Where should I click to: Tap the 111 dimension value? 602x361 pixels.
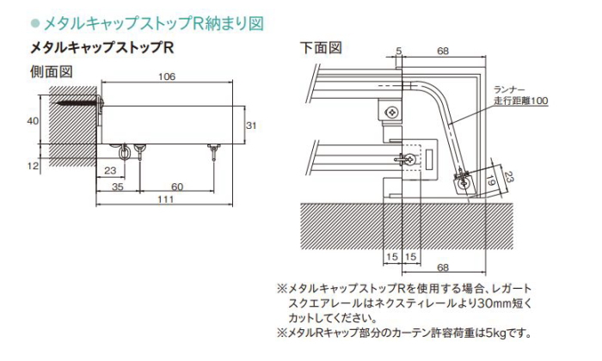pyautogui.click(x=166, y=199)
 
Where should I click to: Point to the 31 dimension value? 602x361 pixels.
pyautogui.click(x=251, y=125)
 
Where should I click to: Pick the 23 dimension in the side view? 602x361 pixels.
pyautogui.click(x=110, y=170)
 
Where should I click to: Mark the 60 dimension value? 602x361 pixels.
pyautogui.click(x=175, y=186)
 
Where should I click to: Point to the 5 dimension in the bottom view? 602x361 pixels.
pyautogui.click(x=400, y=52)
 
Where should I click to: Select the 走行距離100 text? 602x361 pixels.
pyautogui.click(x=521, y=101)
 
